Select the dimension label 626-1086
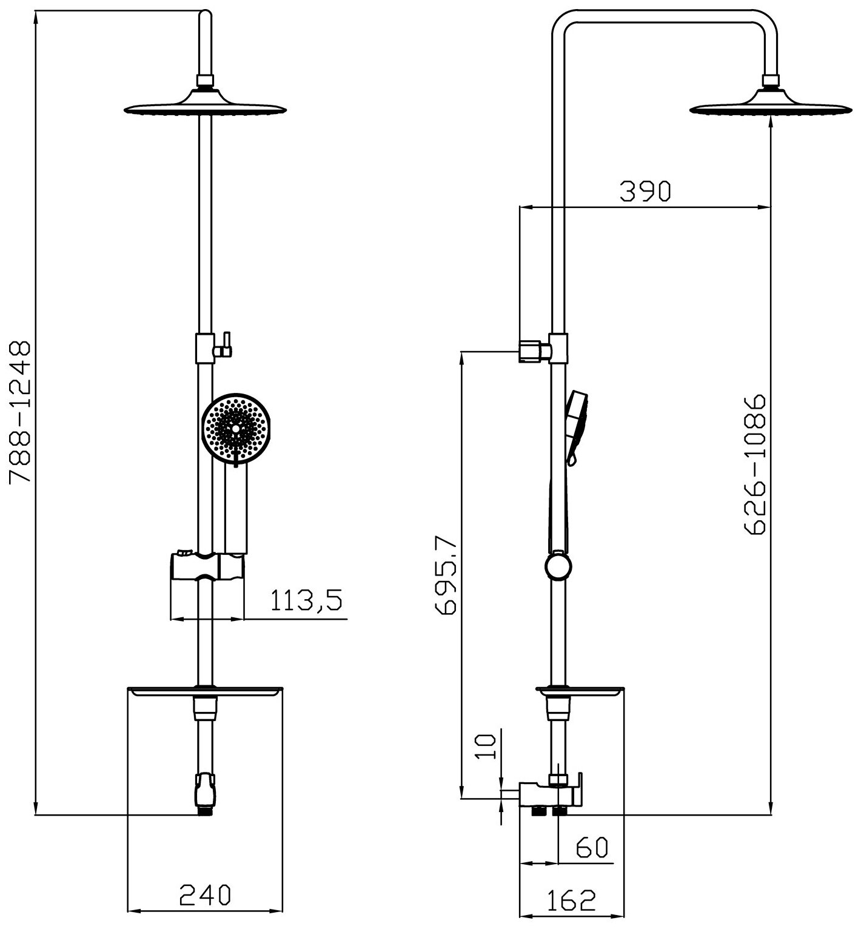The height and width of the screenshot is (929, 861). point(755,464)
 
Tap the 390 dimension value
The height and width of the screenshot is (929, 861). point(645,192)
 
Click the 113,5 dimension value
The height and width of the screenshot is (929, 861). point(306,601)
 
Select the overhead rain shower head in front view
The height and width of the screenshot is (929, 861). point(205,104)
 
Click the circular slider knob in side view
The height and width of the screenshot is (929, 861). point(558,567)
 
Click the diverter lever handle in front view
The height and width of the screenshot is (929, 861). point(226,343)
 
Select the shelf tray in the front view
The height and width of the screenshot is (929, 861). point(205,691)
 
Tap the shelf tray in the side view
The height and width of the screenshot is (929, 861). point(579,691)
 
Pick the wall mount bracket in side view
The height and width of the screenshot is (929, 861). point(532,351)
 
